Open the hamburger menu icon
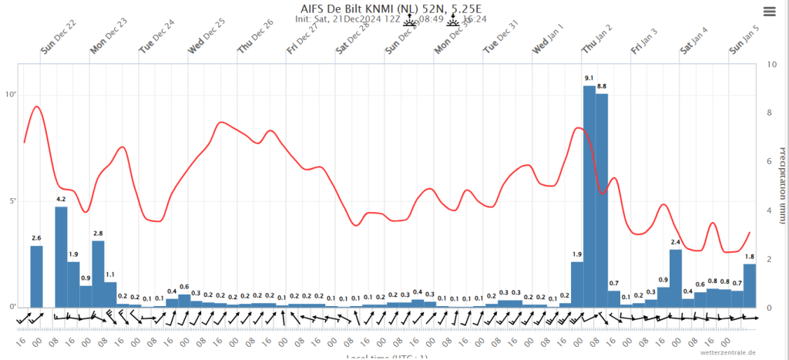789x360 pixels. click(x=769, y=11)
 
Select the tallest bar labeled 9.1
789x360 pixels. click(x=589, y=197)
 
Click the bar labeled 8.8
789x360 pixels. click(x=601, y=200)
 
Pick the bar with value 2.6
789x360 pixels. click(x=36, y=276)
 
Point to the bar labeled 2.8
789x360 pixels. click(x=98, y=274)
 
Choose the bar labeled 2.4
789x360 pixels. click(x=675, y=278)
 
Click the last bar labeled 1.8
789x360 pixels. click(x=749, y=285)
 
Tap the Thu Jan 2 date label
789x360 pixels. click(x=599, y=38)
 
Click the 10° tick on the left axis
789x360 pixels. click(x=11, y=95)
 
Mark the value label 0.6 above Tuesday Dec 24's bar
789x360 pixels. click(x=184, y=288)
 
